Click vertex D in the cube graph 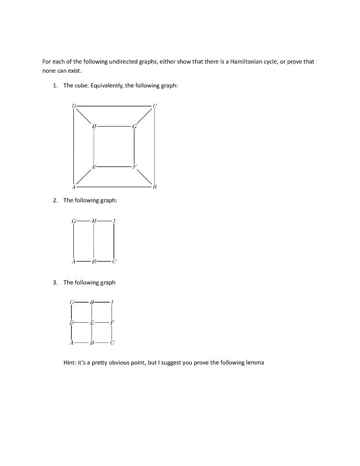(73, 106)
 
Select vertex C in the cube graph (155, 106)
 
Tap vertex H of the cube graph (94, 126)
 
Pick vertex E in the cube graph (94, 167)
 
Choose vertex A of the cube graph (73, 187)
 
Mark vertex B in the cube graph (155, 187)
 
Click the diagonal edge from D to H (83, 116)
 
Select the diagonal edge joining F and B (145, 177)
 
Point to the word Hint (71, 363)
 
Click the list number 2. (55, 200)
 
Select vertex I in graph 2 (114, 221)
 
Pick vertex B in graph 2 (94, 262)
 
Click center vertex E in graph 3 (91, 322)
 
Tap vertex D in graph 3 (71, 322)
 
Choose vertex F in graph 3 (112, 322)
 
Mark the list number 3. (55, 282)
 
